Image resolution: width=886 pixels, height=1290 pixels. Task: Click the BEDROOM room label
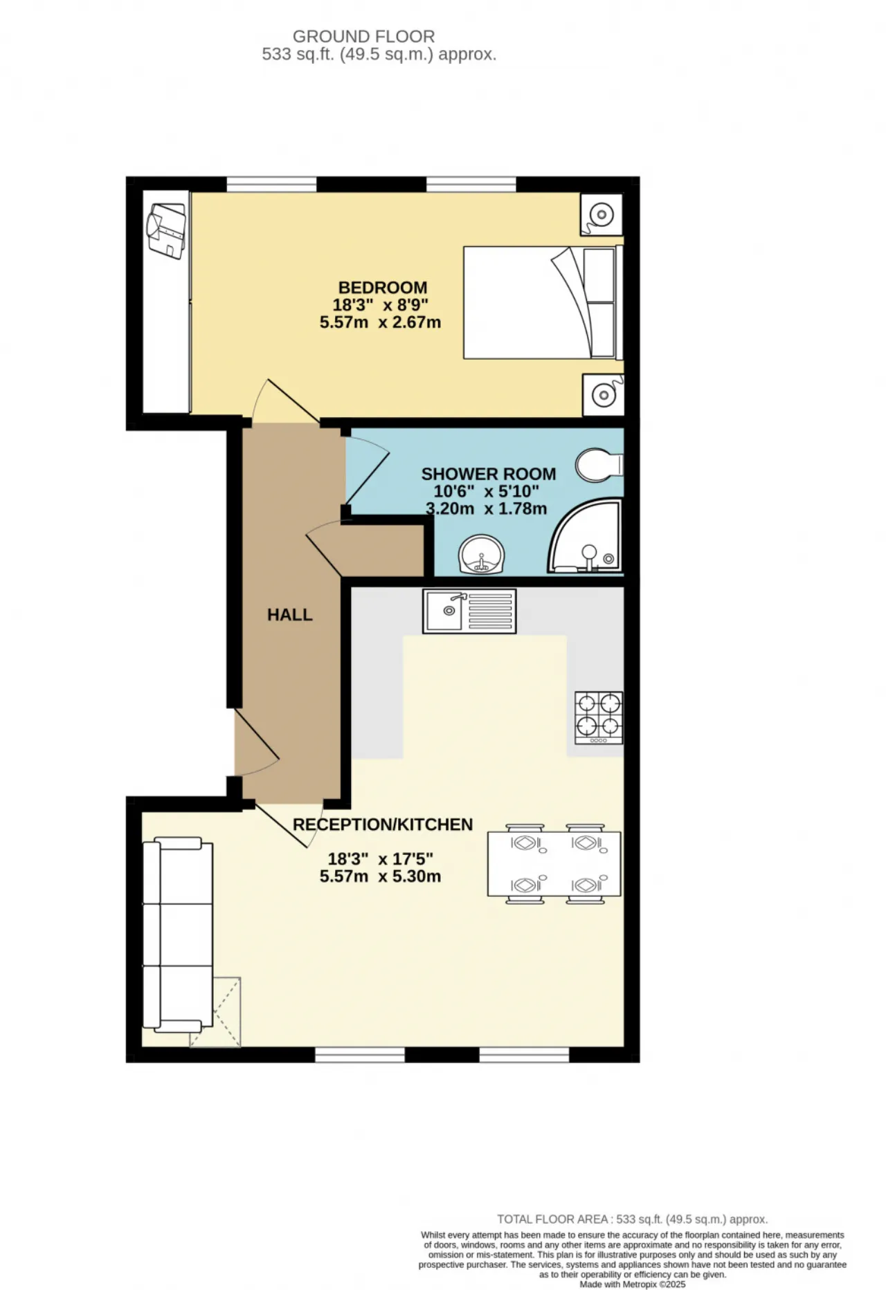[382, 287]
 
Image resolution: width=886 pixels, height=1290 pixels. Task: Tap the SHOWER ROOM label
[488, 474]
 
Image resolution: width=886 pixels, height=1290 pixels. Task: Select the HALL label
[289, 614]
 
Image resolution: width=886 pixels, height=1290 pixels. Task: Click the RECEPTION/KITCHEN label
[383, 824]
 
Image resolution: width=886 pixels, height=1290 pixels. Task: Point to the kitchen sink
[469, 611]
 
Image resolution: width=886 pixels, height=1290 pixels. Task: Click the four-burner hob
[599, 717]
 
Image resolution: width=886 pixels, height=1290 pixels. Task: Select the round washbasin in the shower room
[482, 555]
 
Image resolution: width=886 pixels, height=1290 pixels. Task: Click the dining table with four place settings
[554, 864]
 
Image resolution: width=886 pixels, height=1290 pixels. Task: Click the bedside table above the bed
[601, 214]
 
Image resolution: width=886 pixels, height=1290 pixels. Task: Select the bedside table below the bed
[602, 395]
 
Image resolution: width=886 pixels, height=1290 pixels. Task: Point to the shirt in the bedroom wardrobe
[166, 230]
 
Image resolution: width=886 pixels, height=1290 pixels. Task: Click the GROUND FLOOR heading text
[363, 36]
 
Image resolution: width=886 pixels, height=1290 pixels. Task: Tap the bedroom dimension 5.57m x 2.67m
[380, 322]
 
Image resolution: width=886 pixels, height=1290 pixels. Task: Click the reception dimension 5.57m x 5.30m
[380, 876]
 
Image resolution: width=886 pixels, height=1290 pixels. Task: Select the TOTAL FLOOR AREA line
[632, 1219]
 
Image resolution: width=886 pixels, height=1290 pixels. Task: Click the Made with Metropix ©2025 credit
[632, 1284]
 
